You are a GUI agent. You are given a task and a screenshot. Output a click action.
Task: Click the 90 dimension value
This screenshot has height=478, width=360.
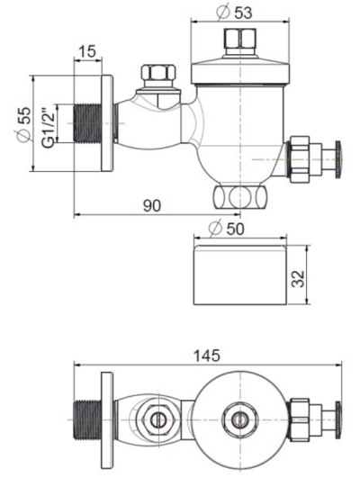point(150,206)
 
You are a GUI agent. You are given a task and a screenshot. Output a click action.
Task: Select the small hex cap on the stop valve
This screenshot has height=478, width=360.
point(159,75)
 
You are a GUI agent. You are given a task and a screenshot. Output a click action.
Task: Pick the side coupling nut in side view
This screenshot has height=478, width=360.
point(298,159)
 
